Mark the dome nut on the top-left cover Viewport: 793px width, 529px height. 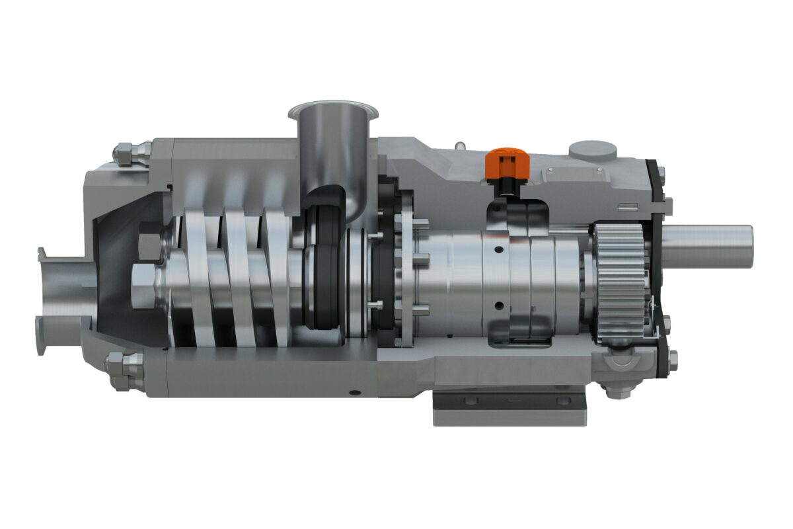coord(126,153)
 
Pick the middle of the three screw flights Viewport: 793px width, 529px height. coord(238,278)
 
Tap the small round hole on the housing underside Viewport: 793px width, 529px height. coord(357,392)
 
